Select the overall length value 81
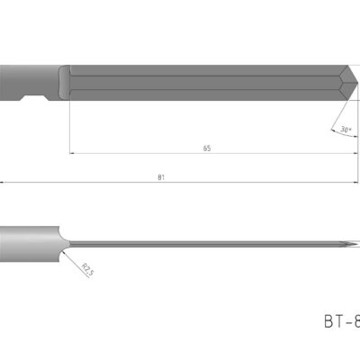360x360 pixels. pyautogui.click(x=160, y=177)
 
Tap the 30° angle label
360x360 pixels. pyautogui.click(x=345, y=130)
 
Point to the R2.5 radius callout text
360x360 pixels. pyautogui.click(x=86, y=268)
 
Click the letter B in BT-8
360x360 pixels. pyautogui.click(x=328, y=320)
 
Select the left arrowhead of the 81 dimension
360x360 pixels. pyautogui.click(x=3, y=183)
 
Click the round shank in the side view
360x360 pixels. pyautogui.click(x=27, y=242)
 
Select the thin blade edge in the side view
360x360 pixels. pyautogui.click(x=207, y=242)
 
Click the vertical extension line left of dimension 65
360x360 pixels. pyautogui.click(x=68, y=126)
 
